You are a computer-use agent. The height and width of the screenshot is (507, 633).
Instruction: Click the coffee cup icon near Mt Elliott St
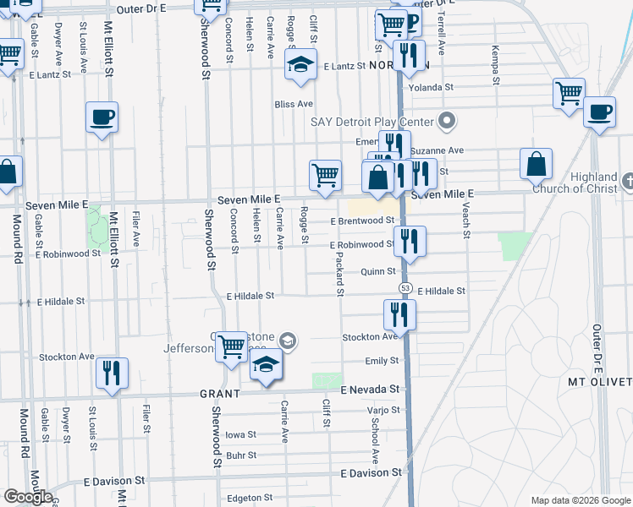pos(102,117)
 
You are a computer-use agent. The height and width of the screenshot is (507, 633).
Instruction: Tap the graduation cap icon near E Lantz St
pos(300,66)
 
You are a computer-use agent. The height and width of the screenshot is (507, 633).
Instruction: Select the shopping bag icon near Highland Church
pos(537,164)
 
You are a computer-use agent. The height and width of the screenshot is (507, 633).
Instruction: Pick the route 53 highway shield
pos(395,290)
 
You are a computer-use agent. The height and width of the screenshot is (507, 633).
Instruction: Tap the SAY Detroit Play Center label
pos(372,122)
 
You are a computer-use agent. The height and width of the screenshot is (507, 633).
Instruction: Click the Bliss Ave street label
pos(294,104)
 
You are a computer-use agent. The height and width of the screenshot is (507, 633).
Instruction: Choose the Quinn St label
pos(378,271)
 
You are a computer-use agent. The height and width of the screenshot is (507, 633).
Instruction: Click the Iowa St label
pos(240,434)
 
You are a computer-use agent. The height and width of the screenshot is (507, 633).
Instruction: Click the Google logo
pos(28,497)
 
